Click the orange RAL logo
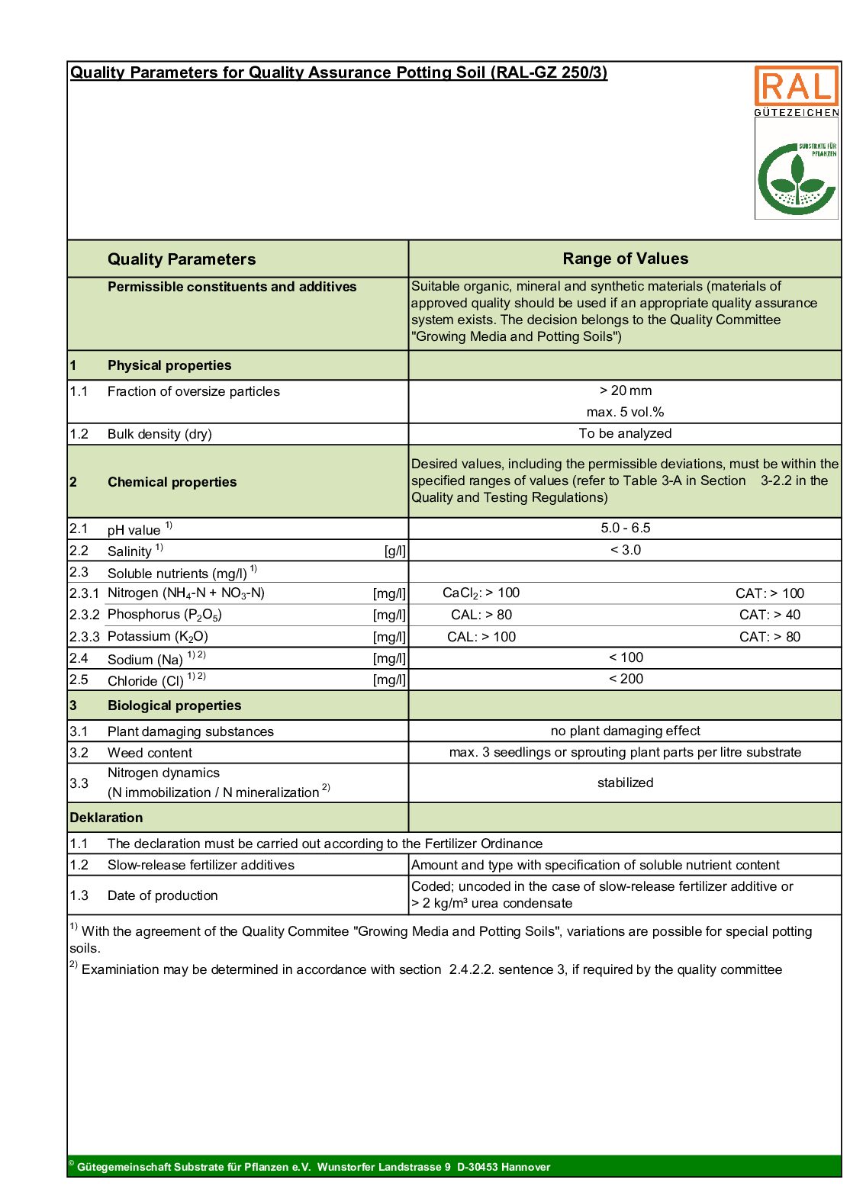796,86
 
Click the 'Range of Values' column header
625,259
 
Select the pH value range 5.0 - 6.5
625,528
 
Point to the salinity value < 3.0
625,550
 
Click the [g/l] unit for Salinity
394,551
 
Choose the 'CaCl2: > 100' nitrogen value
481,593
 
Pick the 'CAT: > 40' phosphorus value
769,615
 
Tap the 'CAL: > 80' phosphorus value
481,615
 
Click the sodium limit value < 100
625,657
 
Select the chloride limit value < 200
625,679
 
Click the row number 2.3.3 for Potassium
84,636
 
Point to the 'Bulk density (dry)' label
159,434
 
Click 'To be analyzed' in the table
625,433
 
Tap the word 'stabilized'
625,783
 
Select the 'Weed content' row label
150,753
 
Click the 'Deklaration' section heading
106,818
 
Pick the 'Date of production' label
163,895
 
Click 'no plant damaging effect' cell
625,731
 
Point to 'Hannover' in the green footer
525,1167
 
